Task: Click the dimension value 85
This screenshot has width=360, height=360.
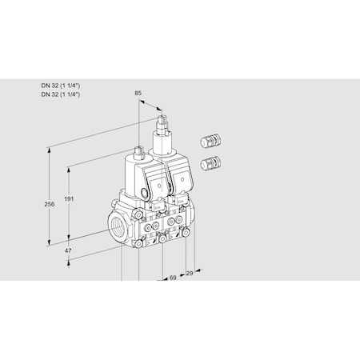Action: coord(138,94)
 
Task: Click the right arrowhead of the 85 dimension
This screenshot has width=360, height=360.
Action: coord(166,110)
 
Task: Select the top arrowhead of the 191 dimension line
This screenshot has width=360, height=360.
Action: coord(70,166)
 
